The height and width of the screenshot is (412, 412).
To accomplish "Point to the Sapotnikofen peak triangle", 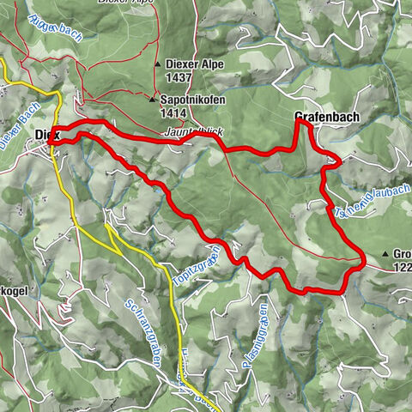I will point(155,100).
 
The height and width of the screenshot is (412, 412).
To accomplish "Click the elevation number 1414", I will point(173,112).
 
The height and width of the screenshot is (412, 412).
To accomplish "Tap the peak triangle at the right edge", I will point(385,254).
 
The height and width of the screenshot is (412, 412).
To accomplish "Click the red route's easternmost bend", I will point(363,257).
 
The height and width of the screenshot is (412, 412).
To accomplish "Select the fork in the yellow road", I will point(107,226).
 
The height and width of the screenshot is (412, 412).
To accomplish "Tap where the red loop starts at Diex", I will point(54,136).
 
